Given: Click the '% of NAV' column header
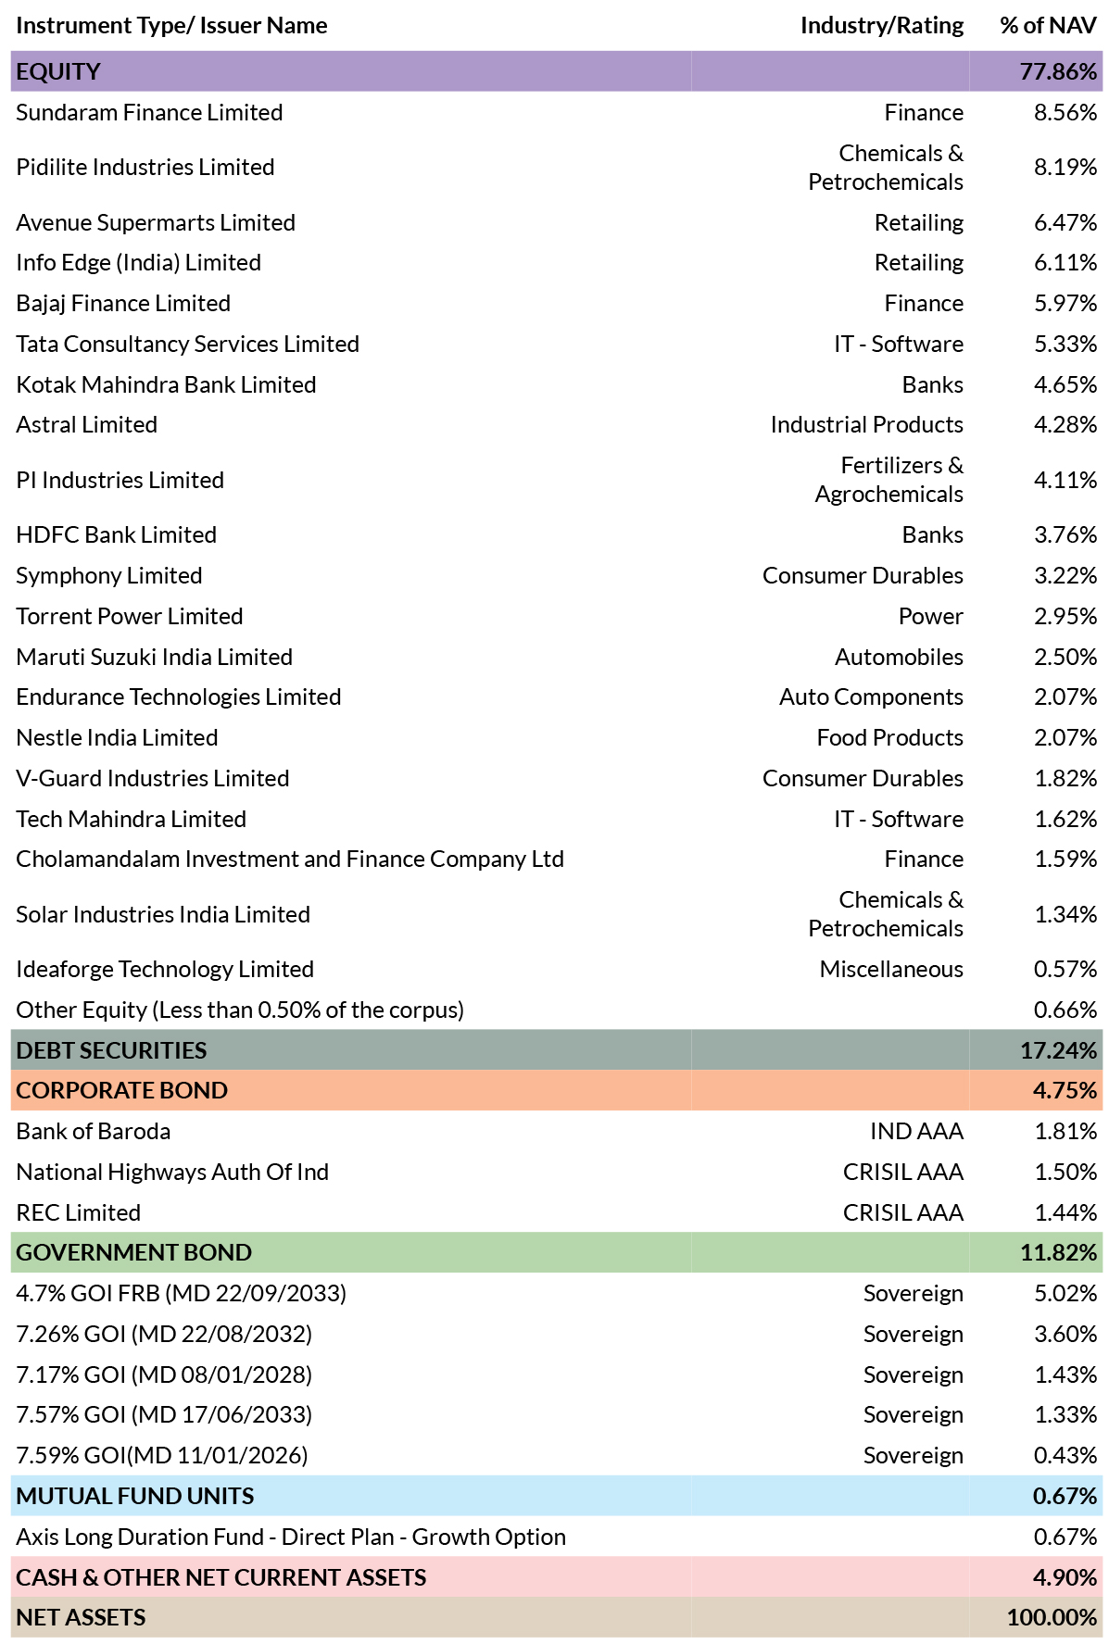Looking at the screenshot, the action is click(x=1048, y=25).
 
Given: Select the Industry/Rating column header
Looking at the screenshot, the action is click(x=882, y=26).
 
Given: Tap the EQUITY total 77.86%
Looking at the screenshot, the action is click(x=1058, y=71).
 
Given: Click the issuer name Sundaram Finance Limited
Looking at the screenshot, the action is click(x=149, y=112).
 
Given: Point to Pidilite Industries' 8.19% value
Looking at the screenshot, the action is click(x=1065, y=167).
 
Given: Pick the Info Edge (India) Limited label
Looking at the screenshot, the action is click(x=138, y=263).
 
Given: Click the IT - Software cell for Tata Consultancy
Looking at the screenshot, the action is click(x=899, y=344).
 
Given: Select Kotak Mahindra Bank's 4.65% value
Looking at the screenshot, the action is click(x=1065, y=384).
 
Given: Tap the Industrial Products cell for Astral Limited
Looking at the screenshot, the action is click(x=867, y=424).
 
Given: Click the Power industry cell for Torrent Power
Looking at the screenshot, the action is click(x=931, y=616).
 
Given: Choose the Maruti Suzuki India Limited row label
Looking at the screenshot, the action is click(x=154, y=657).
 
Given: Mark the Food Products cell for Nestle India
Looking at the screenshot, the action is click(x=890, y=737).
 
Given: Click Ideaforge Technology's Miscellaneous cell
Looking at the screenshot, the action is click(x=891, y=969).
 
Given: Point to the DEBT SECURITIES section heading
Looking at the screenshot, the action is click(x=111, y=1050).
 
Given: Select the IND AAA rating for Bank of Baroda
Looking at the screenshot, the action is click(x=917, y=1131).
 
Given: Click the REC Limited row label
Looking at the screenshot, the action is click(x=78, y=1212).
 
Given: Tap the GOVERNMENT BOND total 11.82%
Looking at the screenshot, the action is click(x=1058, y=1252).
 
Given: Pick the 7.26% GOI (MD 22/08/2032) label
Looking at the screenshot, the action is click(x=164, y=1335).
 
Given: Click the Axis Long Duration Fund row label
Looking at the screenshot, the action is click(x=291, y=1537).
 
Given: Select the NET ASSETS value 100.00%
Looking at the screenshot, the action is click(x=1052, y=1617).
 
